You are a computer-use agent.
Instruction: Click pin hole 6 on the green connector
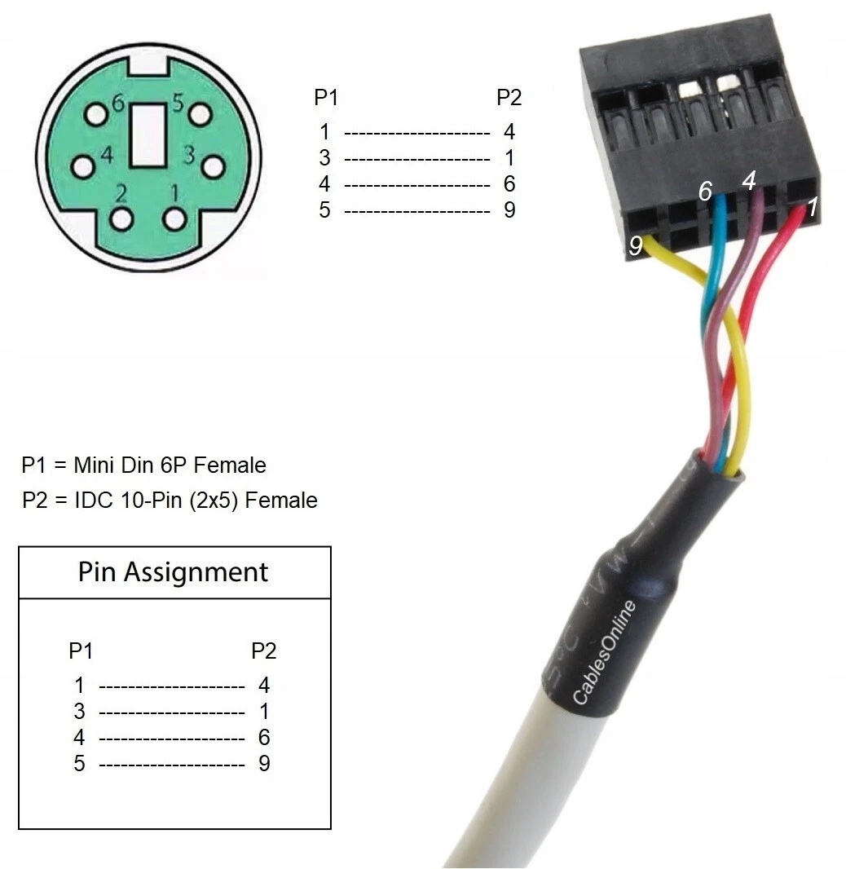coord(97,114)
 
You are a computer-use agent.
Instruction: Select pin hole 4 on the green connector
coord(82,166)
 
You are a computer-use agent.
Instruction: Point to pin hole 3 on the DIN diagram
coord(212,166)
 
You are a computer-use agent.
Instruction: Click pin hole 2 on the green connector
coord(123,219)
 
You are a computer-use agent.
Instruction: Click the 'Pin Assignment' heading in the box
coord(173,572)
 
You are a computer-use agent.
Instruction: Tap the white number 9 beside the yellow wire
coord(636,245)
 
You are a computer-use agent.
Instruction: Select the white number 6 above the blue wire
coord(706,192)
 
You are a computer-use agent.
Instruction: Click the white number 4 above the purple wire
coord(749,179)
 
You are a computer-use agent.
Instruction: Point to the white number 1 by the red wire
coord(812,205)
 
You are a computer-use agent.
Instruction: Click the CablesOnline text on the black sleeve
coord(604,652)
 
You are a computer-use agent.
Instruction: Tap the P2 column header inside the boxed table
coord(263,651)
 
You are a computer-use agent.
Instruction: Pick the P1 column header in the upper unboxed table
coord(326,99)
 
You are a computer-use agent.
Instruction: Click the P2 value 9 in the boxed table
coord(264,763)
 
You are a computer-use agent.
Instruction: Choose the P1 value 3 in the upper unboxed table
coord(324,157)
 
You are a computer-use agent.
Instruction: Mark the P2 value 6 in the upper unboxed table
coord(509,183)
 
